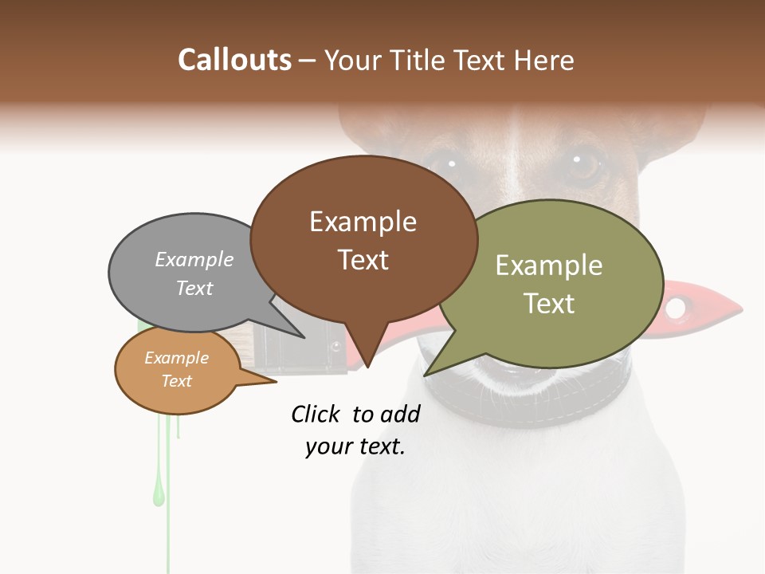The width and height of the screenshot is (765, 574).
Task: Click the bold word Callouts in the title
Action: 234,60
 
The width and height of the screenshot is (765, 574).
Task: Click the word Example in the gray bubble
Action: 194,260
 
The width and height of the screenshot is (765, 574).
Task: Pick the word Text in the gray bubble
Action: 194,288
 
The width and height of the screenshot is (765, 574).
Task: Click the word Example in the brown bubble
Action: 363,222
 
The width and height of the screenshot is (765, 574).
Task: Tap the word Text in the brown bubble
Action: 363,260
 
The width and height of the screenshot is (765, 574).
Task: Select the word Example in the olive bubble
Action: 549,265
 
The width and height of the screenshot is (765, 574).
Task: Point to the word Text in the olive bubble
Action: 549,303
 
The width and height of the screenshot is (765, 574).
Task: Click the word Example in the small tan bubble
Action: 176,358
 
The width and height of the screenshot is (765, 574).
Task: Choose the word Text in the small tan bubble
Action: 176,381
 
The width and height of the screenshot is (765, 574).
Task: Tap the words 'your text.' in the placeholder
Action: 355,446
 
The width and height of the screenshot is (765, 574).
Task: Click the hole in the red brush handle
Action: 676,307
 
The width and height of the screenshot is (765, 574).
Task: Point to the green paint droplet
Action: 159,494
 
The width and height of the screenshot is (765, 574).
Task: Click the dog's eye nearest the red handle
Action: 586,165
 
